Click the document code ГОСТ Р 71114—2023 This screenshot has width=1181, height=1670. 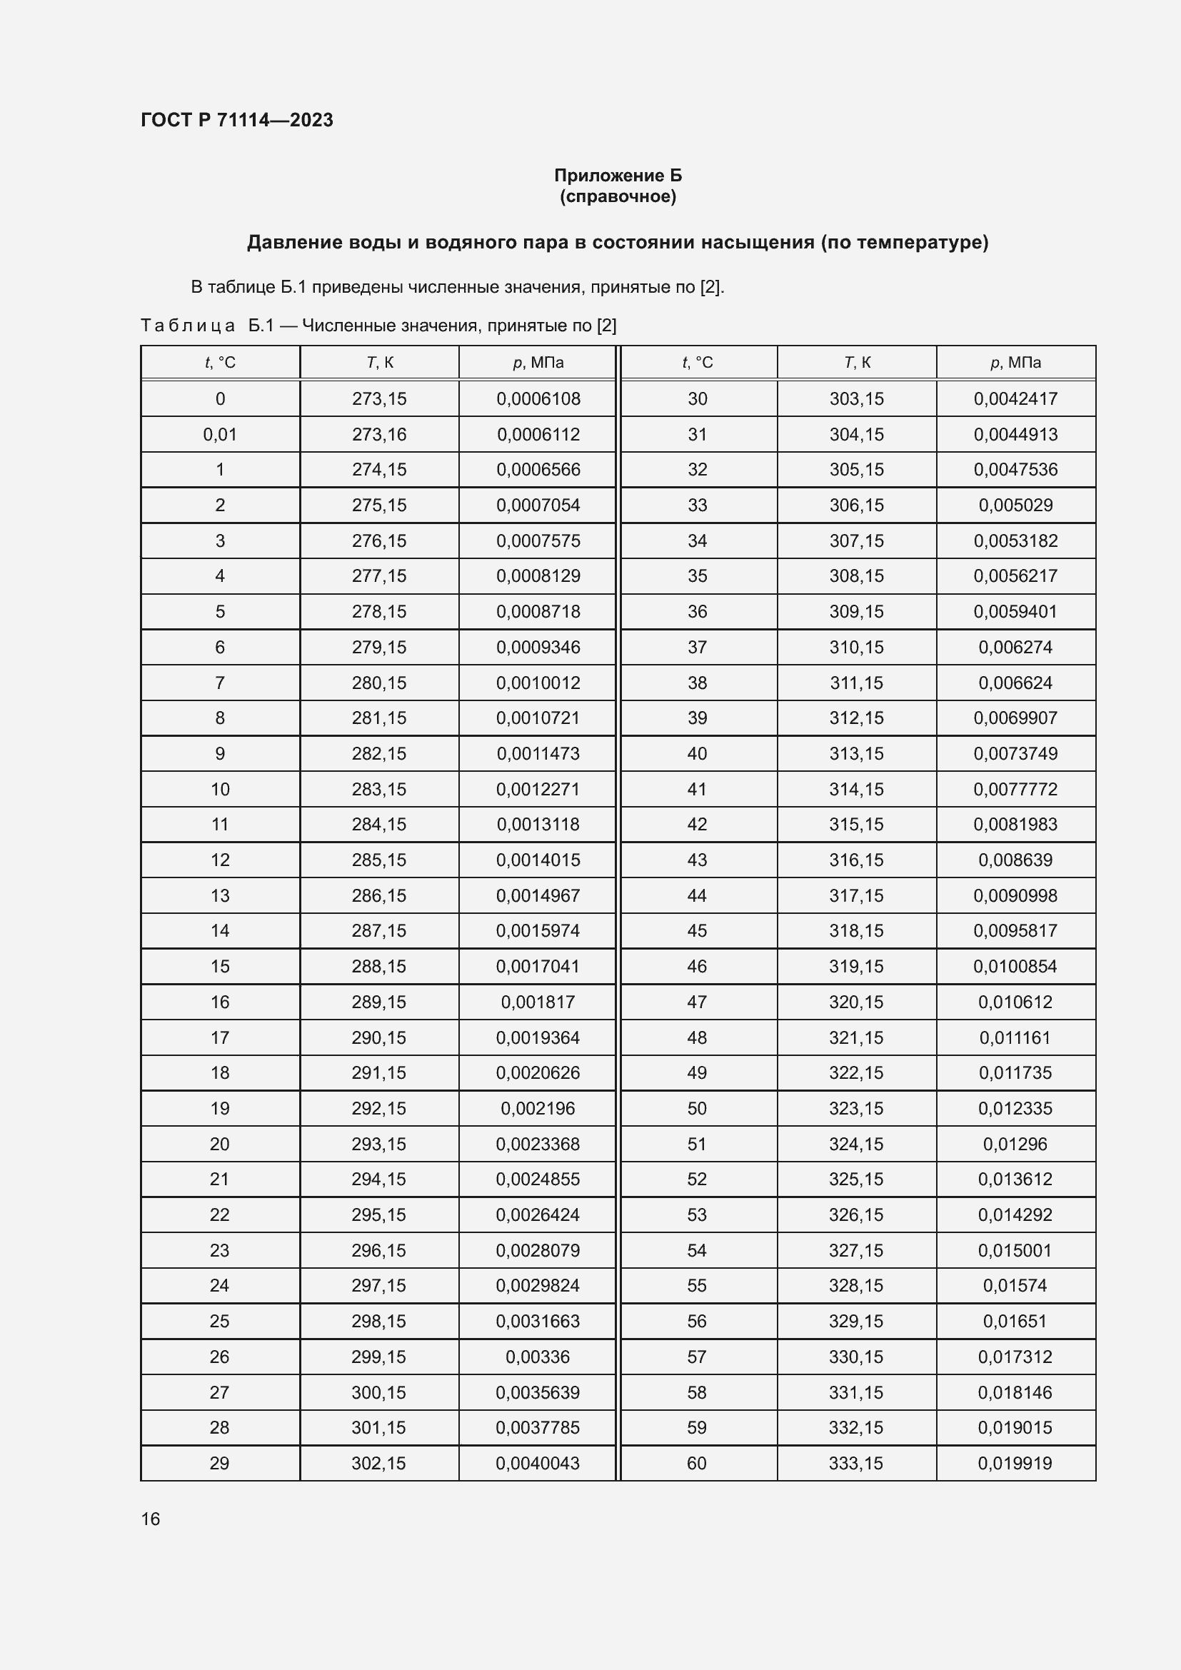click(x=236, y=120)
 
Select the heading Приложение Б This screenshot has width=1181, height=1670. click(x=618, y=176)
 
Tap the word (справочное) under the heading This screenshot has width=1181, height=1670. click(x=618, y=196)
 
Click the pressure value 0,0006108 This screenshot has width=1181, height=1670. click(x=538, y=398)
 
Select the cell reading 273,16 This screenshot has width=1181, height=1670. click(x=379, y=434)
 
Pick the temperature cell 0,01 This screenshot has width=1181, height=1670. click(x=220, y=434)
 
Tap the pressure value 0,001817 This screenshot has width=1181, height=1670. click(x=538, y=1002)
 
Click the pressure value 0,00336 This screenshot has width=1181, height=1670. click(x=538, y=1357)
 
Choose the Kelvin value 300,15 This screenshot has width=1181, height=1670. click(x=379, y=1392)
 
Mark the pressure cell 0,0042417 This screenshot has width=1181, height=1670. click(x=1015, y=398)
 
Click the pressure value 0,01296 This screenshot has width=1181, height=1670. click(x=1015, y=1144)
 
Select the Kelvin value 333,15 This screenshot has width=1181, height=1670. click(x=856, y=1463)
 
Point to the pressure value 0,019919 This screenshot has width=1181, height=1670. click(x=1015, y=1463)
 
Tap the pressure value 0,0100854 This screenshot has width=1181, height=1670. click(x=1015, y=967)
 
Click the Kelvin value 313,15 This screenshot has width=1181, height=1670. click(x=856, y=753)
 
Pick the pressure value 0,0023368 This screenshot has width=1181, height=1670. click(x=538, y=1144)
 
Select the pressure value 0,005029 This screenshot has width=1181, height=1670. click(x=1015, y=505)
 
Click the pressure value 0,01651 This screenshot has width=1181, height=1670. click(x=1015, y=1321)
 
